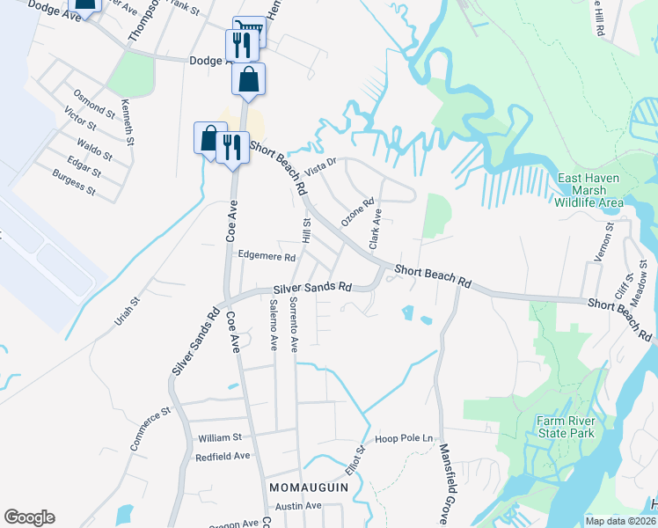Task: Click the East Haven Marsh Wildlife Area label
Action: click(589, 190)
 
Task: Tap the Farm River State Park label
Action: click(565, 426)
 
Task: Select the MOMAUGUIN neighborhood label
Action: click(305, 487)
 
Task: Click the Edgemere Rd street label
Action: click(267, 257)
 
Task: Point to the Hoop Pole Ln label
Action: click(405, 438)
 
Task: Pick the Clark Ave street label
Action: click(376, 227)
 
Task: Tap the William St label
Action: click(220, 437)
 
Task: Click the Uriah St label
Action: click(128, 314)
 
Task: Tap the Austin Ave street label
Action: click(298, 506)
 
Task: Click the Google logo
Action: click(29, 517)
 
